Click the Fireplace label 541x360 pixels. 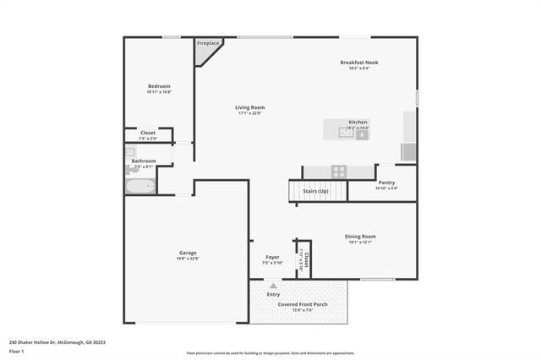207,43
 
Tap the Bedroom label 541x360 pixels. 159,86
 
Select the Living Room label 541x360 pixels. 250,107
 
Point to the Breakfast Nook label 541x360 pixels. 359,63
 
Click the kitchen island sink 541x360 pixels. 347,132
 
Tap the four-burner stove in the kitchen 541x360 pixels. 338,171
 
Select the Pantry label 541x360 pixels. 386,183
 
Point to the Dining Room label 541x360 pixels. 360,236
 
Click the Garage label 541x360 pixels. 188,253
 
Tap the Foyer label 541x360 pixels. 272,257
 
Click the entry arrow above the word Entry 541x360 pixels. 273,286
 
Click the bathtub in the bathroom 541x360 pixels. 140,186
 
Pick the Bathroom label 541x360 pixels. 143,161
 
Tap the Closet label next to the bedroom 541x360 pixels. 147,133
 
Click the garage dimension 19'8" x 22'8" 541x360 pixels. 188,259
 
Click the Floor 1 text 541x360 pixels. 17,350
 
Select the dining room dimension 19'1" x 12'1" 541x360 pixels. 360,243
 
